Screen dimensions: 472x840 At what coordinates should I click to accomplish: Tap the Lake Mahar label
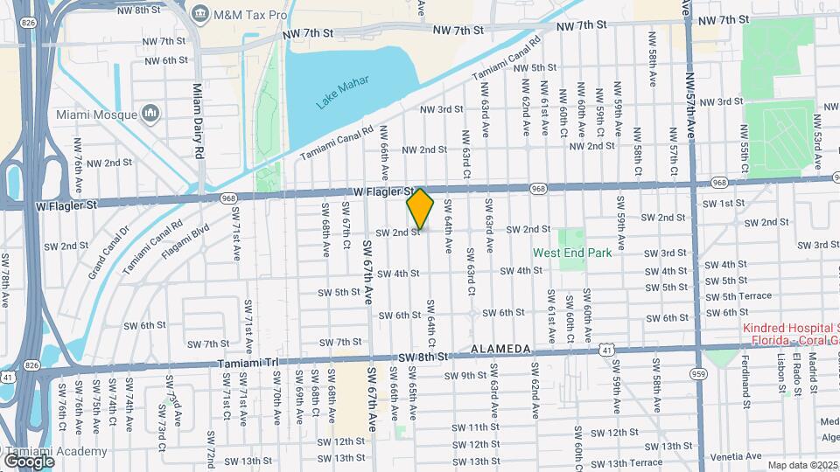342,91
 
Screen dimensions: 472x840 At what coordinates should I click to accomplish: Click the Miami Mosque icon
150,114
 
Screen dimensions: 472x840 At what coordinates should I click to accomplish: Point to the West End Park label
571,253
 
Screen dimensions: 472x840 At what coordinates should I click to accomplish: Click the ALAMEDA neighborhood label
500,349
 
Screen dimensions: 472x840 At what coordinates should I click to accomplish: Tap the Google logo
30,460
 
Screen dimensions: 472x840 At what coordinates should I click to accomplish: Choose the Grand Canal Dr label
108,252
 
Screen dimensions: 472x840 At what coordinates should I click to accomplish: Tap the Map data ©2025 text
801,466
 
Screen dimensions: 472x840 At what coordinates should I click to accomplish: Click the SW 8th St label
423,357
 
